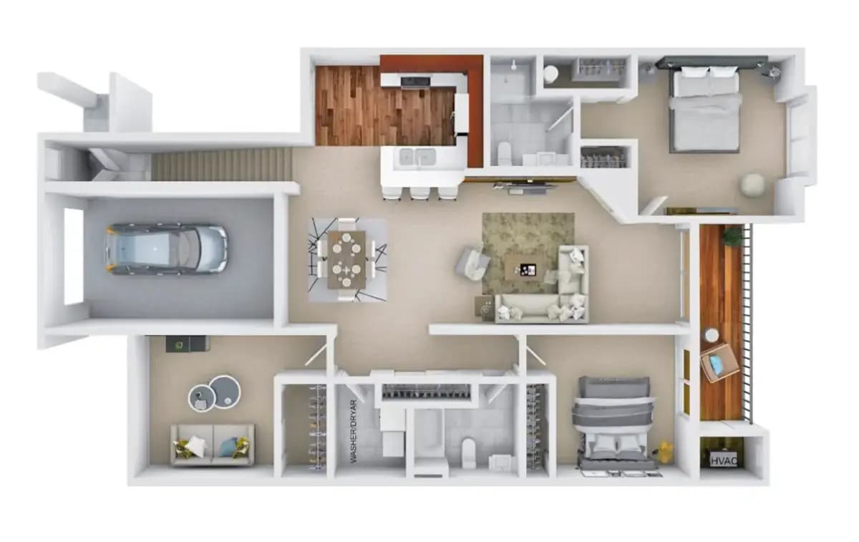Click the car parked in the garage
166,248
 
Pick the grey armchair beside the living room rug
472,263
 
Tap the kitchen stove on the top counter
415,81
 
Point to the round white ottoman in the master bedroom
752,185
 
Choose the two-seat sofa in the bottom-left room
213,445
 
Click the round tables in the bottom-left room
214,392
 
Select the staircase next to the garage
220,165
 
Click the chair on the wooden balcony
720,362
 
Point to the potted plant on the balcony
732,236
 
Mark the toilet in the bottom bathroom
468,453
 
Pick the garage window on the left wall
73,256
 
